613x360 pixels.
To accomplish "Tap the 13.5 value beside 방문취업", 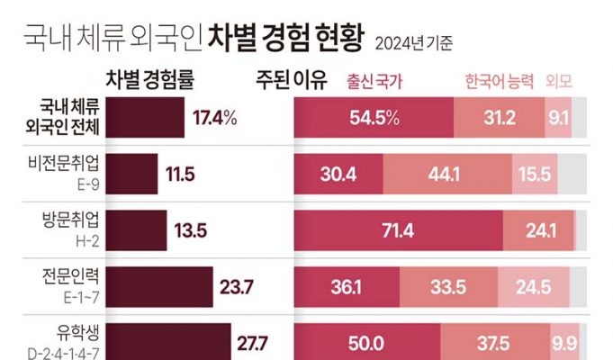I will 191,230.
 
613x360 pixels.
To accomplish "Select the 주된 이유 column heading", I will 290,80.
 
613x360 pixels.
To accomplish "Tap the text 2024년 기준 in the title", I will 413,41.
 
